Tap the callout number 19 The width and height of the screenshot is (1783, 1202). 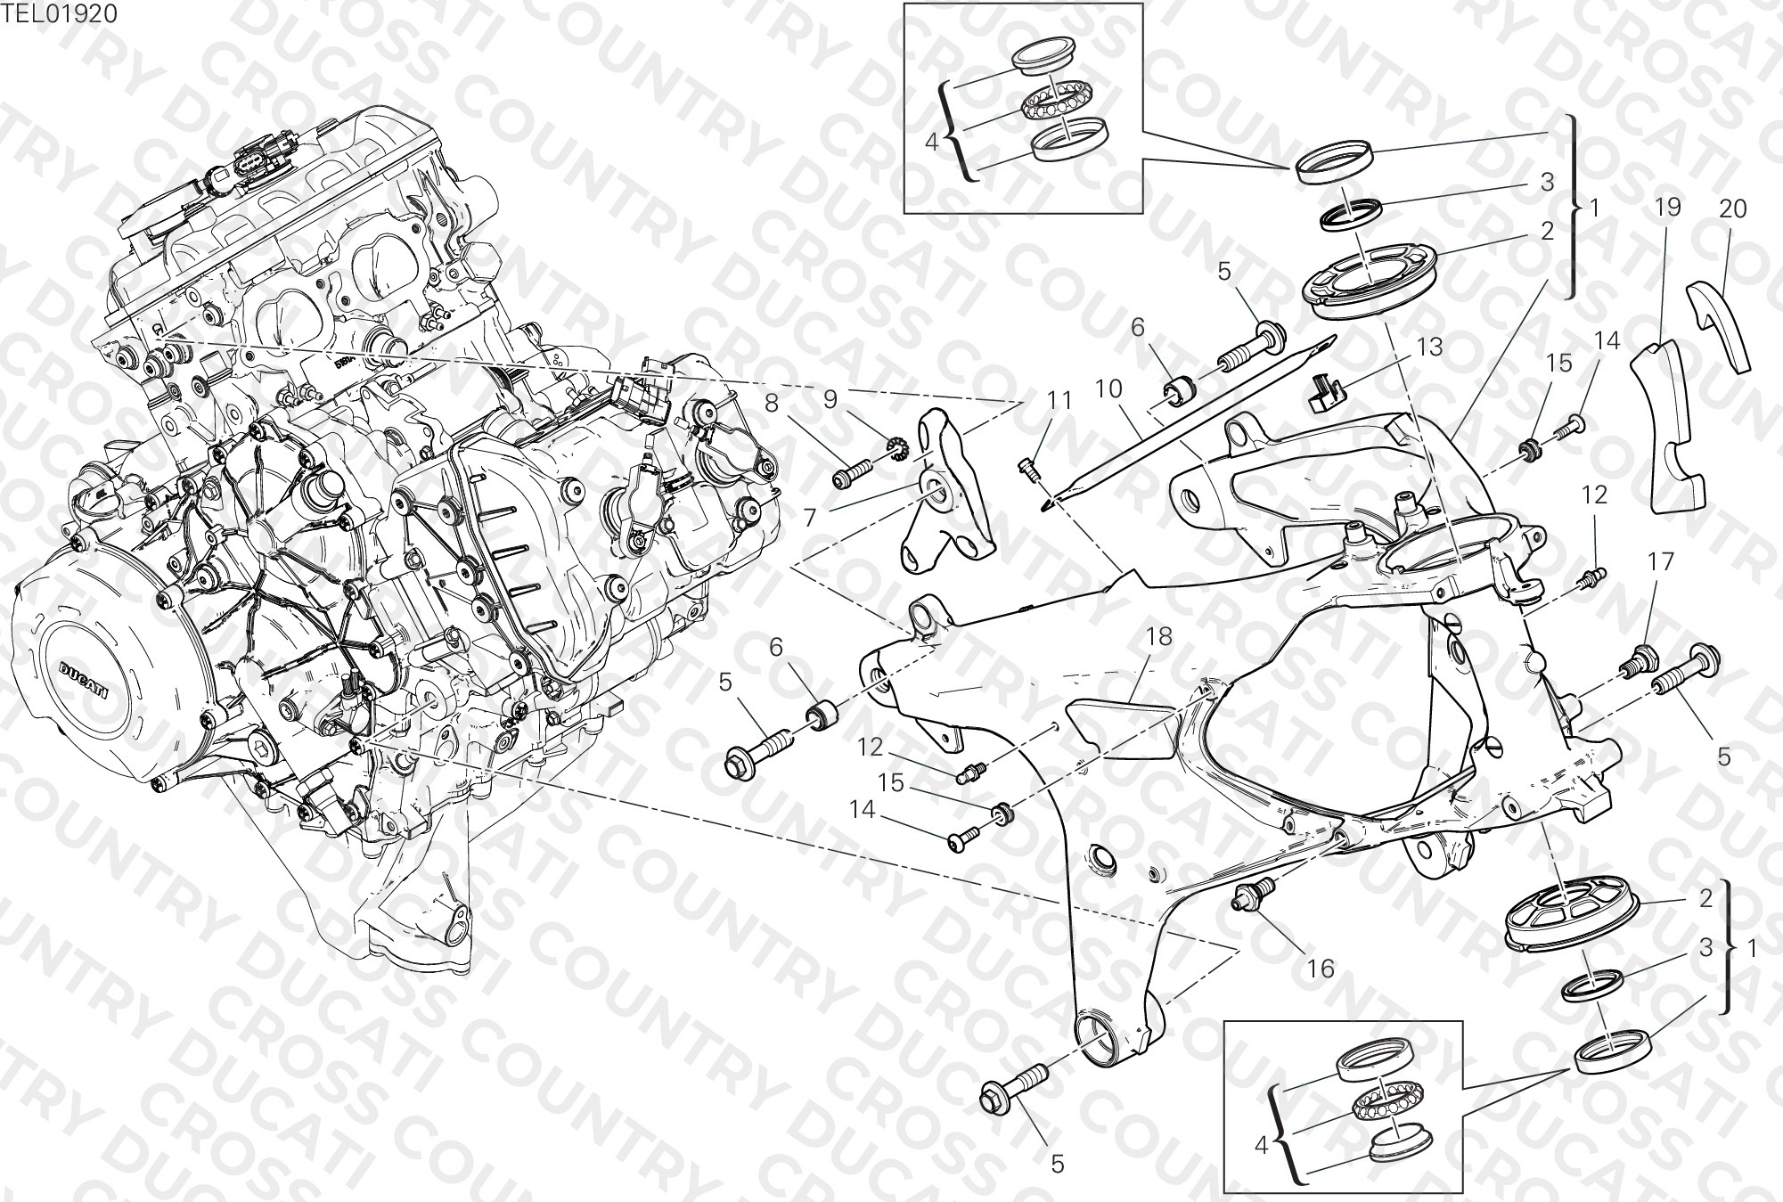pyautogui.click(x=1667, y=207)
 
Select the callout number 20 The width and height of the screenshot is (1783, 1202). pyautogui.click(x=1732, y=209)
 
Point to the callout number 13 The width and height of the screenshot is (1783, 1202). pyautogui.click(x=1428, y=347)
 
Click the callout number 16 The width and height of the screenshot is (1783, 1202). pyautogui.click(x=1321, y=968)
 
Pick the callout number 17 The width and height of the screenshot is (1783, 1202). pyautogui.click(x=1661, y=561)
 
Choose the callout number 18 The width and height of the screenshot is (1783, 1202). pyautogui.click(x=1159, y=636)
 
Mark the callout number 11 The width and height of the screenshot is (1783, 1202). pyautogui.click(x=1059, y=401)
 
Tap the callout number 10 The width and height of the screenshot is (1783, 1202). pyautogui.click(x=1108, y=389)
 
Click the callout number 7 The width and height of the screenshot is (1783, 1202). pyautogui.click(x=809, y=518)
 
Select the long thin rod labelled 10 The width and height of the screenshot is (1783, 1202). pyautogui.click(x=1190, y=421)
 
